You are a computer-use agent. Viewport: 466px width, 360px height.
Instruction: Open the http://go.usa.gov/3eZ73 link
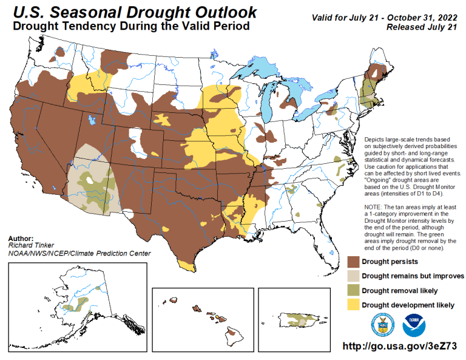(x=399, y=346)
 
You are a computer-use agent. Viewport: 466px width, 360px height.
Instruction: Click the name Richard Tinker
(x=29, y=245)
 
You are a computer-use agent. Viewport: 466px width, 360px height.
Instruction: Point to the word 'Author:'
(x=21, y=238)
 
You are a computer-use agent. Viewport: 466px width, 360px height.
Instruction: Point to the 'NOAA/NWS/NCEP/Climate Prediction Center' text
(x=79, y=253)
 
